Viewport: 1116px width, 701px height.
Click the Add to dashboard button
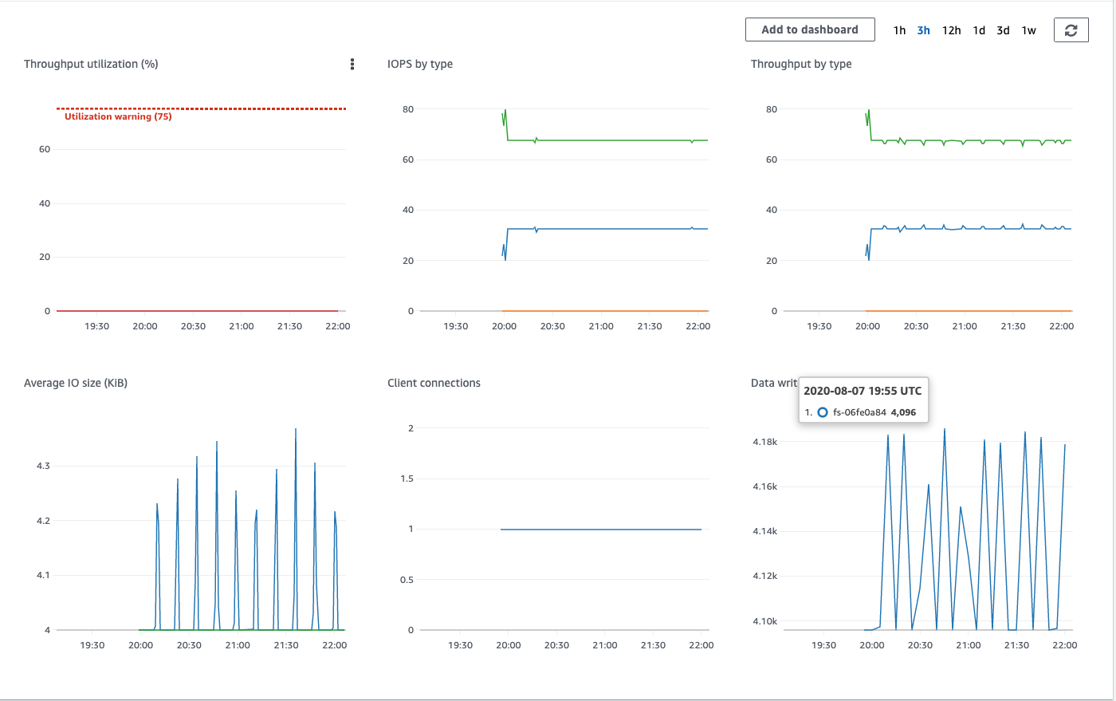click(810, 30)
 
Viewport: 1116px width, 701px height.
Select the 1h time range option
click(899, 30)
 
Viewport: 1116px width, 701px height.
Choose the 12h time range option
click(951, 30)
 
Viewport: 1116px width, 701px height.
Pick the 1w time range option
click(1028, 30)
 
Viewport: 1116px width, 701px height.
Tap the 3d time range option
click(1003, 30)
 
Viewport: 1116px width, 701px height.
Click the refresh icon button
click(1071, 30)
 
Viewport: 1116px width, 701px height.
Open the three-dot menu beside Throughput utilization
click(352, 64)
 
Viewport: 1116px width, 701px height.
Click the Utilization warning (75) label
click(118, 116)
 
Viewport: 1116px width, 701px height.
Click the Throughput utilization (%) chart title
click(91, 64)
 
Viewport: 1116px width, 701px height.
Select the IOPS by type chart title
click(420, 64)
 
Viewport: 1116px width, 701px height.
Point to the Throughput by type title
click(801, 64)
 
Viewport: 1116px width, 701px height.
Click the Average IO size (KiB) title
click(76, 383)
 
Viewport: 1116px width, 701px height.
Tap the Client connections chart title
click(434, 383)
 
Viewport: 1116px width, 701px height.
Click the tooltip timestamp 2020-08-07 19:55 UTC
click(863, 391)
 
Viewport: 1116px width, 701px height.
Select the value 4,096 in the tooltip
click(903, 412)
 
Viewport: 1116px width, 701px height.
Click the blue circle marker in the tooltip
click(823, 412)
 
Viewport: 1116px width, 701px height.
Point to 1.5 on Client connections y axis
click(407, 478)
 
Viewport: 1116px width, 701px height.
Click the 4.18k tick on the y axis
click(764, 442)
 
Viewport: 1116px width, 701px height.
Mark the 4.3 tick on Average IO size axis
click(43, 466)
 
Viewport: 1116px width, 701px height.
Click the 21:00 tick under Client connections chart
click(604, 645)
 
